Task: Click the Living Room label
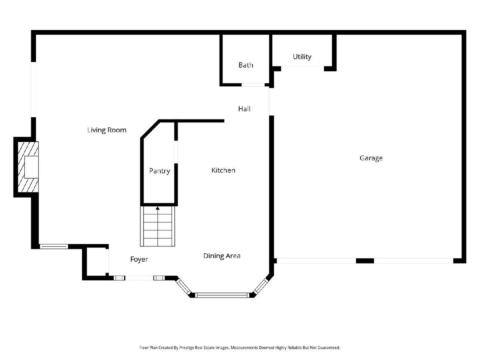[107, 130]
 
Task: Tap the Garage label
[371, 158]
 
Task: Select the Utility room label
[302, 57]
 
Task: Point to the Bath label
[246, 65]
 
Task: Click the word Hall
[244, 109]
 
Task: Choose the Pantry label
[160, 171]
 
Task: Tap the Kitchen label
[223, 170]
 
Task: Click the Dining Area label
[222, 256]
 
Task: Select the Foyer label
[139, 259]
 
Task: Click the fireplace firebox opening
[32, 167]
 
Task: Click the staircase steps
[158, 226]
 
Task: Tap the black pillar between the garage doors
[365, 261]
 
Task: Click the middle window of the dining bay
[222, 295]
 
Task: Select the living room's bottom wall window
[54, 246]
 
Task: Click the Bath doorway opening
[253, 85]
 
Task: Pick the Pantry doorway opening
[176, 152]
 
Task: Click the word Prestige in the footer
[186, 348]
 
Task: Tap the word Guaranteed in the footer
[329, 348]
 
